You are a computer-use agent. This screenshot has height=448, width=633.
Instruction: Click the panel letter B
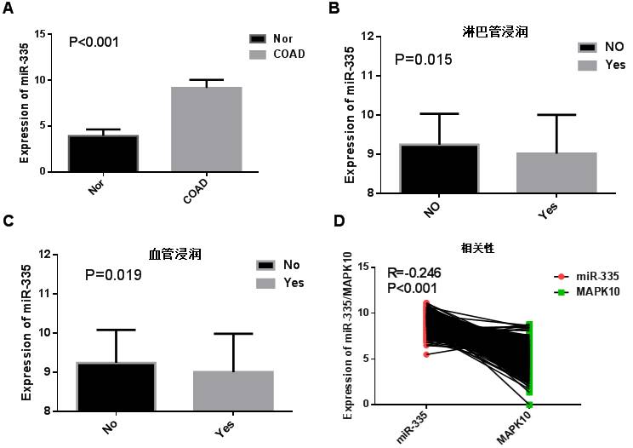pyautogui.click(x=334, y=9)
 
